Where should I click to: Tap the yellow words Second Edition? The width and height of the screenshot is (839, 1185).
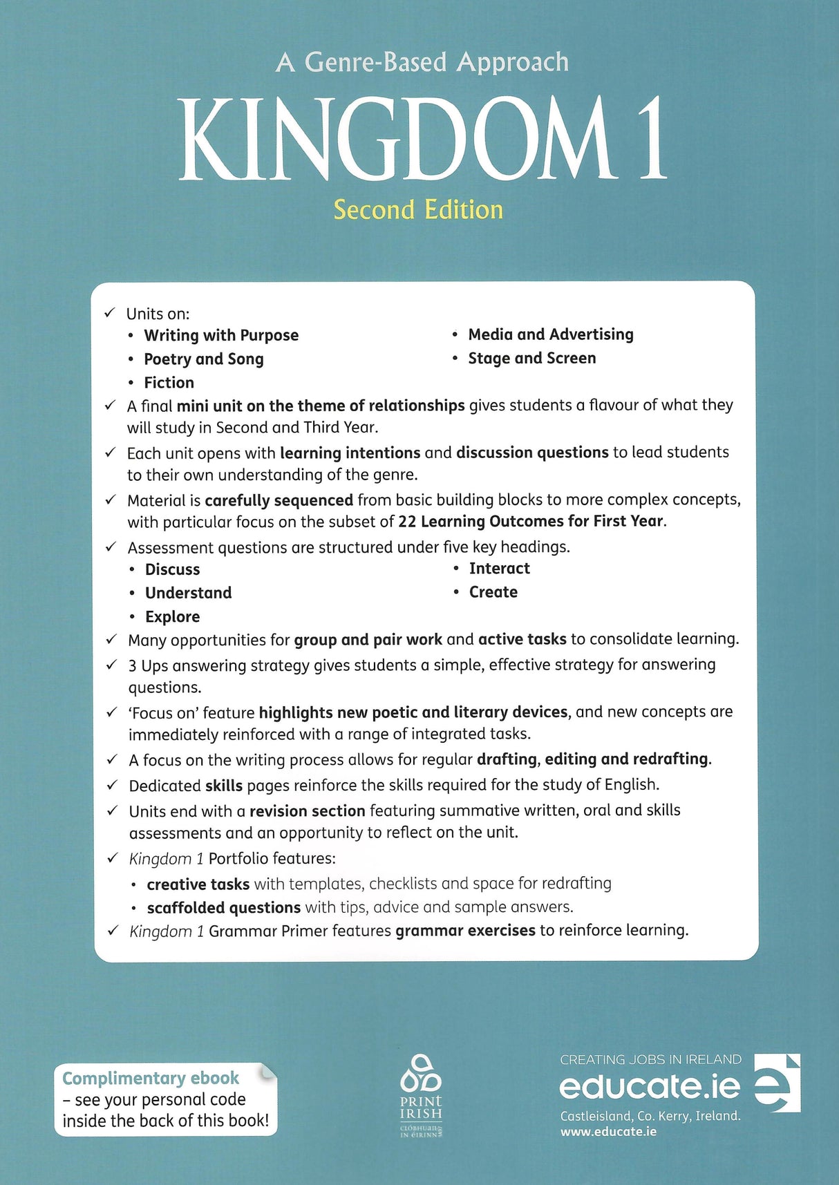[x=418, y=210]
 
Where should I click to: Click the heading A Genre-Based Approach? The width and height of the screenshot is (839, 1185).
[x=422, y=62]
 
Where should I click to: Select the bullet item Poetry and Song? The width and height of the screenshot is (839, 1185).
[x=203, y=359]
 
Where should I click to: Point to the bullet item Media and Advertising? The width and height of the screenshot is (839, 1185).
[x=550, y=334]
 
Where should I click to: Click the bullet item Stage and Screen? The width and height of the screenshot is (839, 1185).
[x=531, y=358]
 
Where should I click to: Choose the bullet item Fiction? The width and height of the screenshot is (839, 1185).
[x=169, y=383]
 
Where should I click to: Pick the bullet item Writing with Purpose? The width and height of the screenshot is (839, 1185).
[x=221, y=336]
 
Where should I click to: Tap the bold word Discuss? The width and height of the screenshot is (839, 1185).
[x=172, y=569]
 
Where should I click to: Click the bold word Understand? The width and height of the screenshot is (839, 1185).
[x=188, y=593]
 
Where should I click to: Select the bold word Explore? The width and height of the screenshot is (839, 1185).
[x=172, y=616]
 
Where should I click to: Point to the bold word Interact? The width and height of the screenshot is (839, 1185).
[x=499, y=569]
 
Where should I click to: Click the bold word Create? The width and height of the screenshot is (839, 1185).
[x=493, y=592]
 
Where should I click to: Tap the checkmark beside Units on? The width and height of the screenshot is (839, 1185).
[x=110, y=314]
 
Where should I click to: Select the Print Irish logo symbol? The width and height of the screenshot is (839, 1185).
[x=420, y=1073]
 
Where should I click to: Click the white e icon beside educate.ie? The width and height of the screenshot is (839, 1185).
[x=777, y=1083]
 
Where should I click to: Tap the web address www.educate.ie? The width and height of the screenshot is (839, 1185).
[x=608, y=1132]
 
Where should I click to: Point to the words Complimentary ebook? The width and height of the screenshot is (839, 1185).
[x=150, y=1079]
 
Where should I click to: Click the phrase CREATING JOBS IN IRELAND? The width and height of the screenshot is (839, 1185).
[x=650, y=1060]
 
